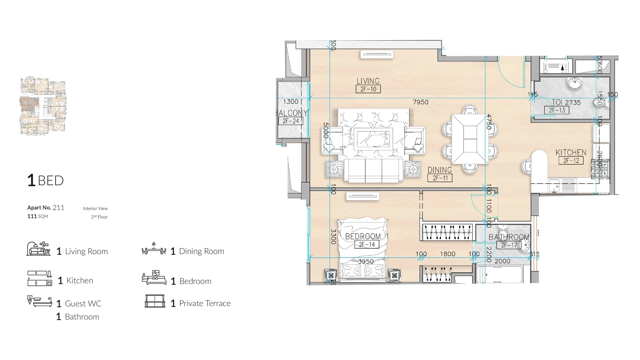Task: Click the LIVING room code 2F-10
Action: coord(368,89)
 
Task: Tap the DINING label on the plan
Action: coord(440,170)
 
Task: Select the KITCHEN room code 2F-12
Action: coord(571,161)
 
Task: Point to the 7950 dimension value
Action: coord(420,102)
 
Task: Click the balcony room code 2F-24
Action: coord(291,121)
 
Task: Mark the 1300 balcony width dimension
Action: coord(290,102)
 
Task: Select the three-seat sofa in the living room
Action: coord(373,170)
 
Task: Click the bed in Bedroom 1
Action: coord(363,250)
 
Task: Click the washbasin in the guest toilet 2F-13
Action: coord(574,83)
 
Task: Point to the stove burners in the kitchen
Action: coord(600,169)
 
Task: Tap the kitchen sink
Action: coord(554,186)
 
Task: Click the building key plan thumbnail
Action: coord(43,106)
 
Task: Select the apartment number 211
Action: coord(58,208)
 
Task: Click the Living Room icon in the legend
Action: coord(38,249)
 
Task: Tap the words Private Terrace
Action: coord(205,303)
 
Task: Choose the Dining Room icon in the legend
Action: coord(154,249)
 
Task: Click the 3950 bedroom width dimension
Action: coord(366,262)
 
